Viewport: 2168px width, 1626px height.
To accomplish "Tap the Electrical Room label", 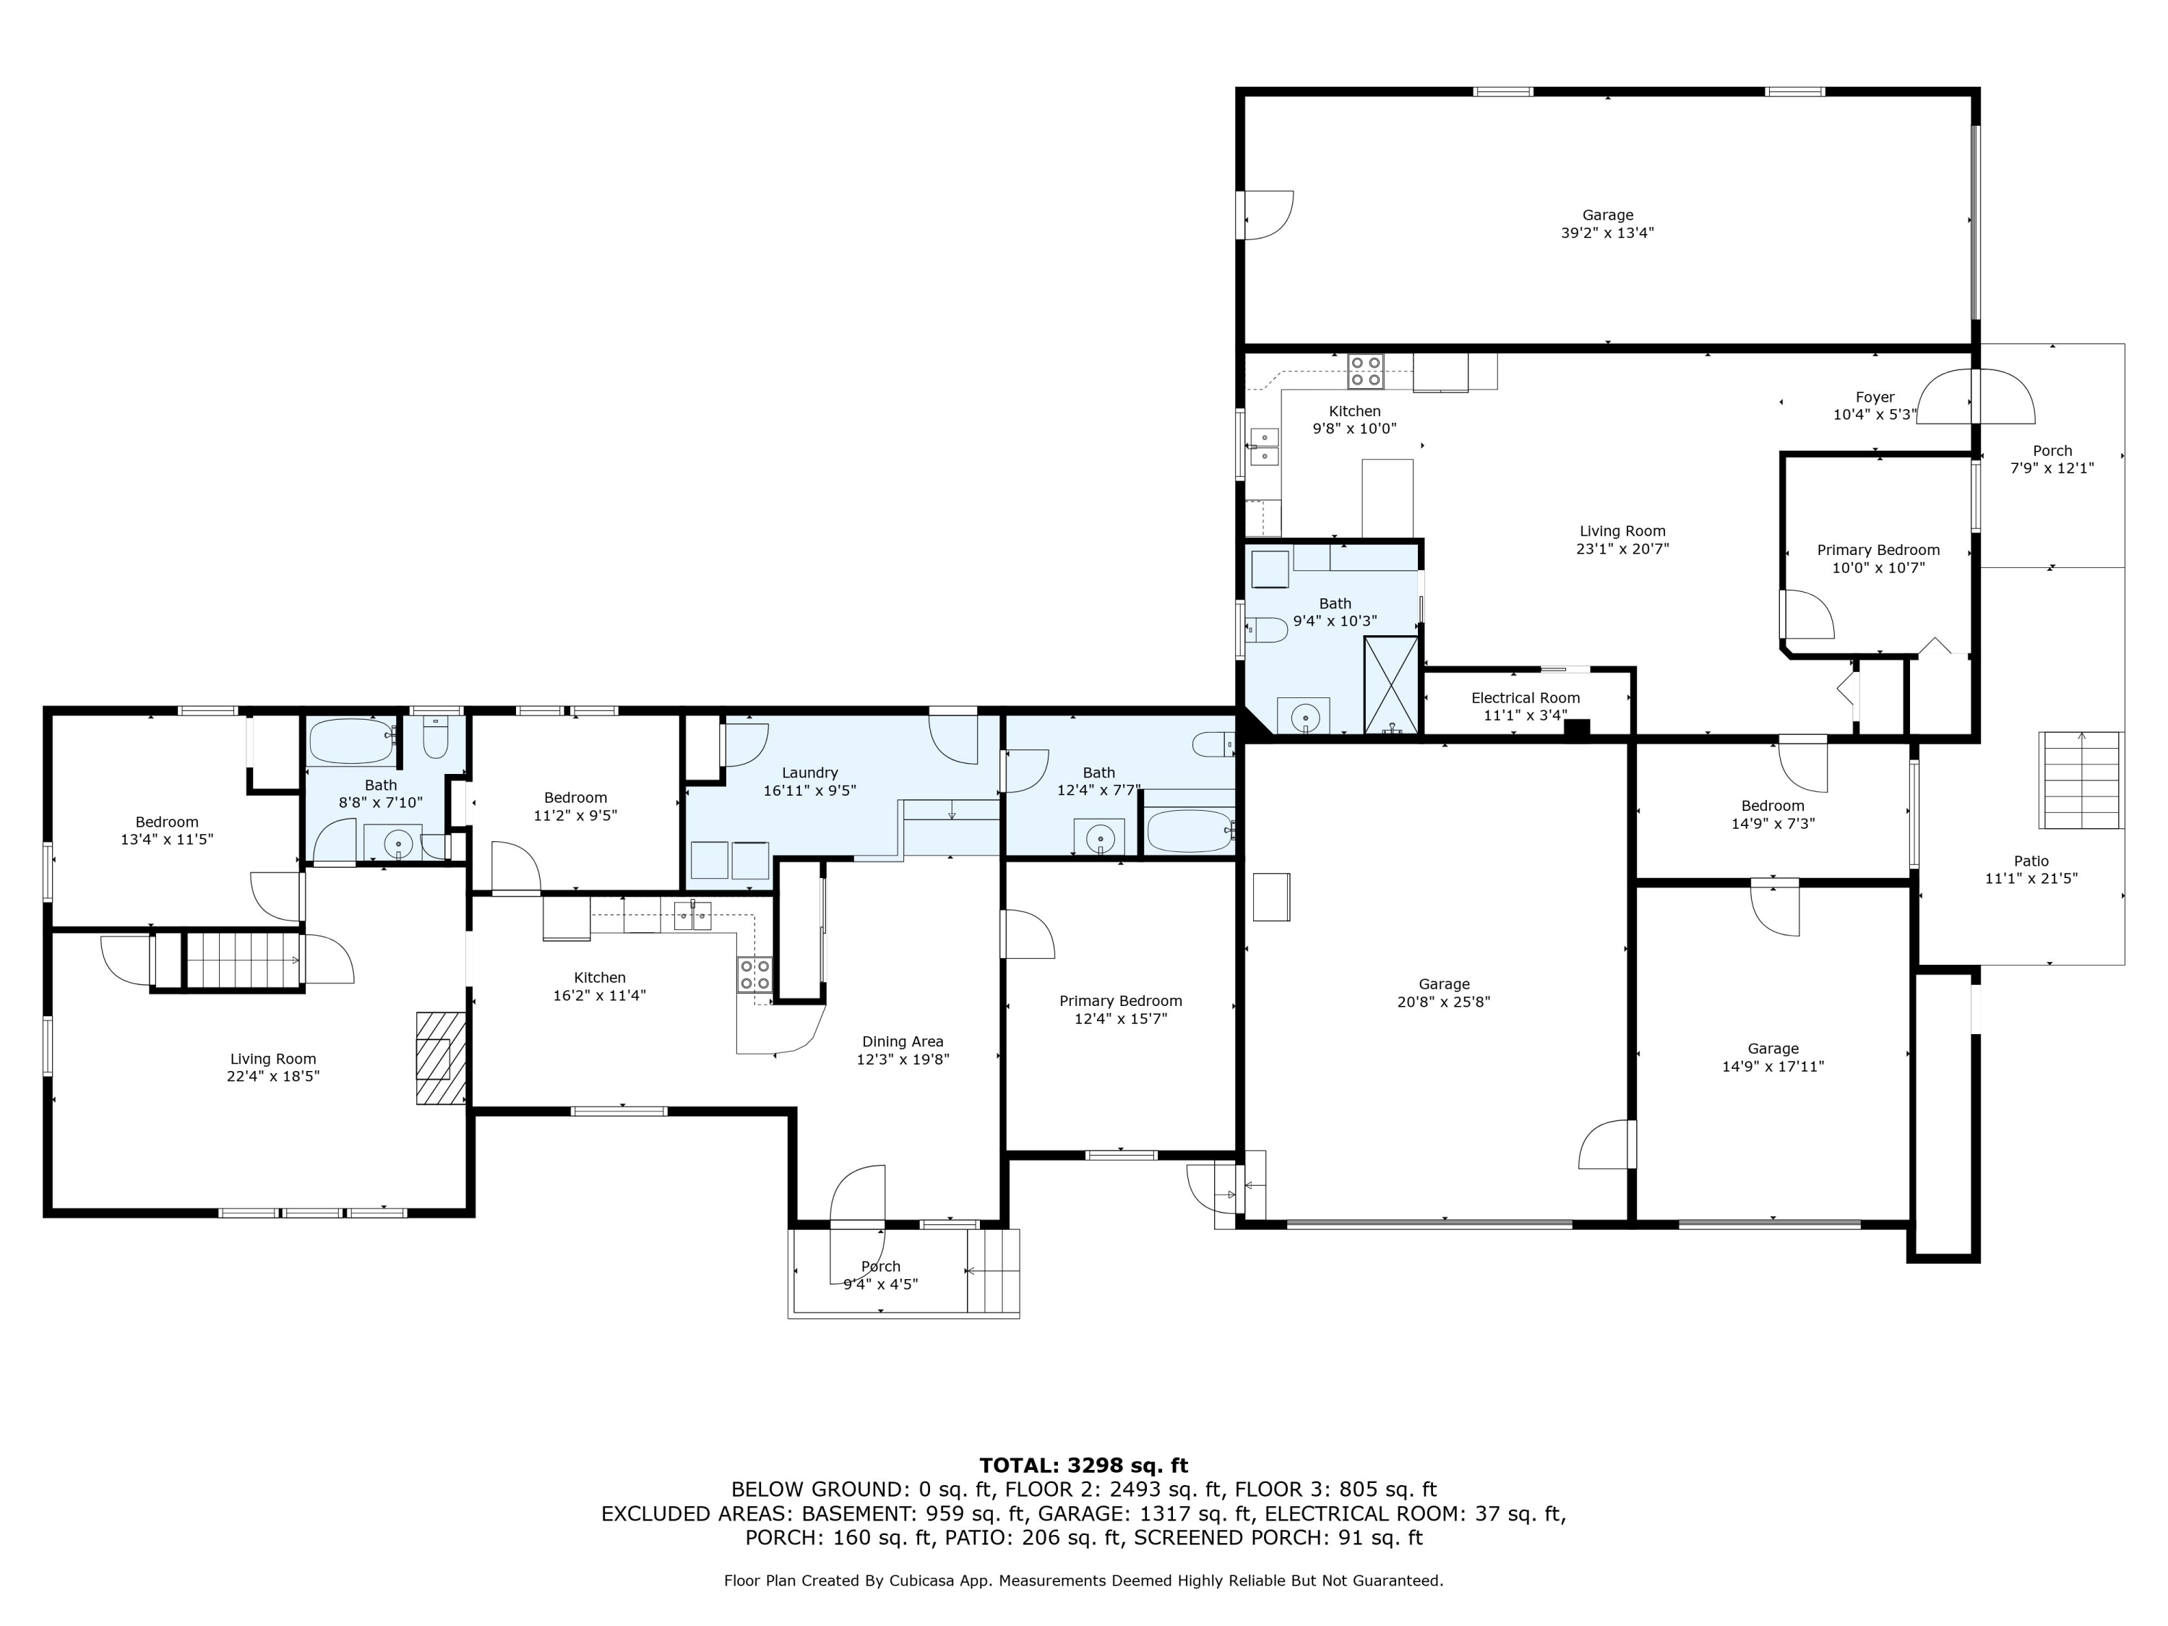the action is (1525, 698).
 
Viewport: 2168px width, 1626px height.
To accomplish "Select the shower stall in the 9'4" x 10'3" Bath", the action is (1391, 684).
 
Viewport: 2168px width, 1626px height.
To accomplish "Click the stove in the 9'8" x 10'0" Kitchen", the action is (1365, 371).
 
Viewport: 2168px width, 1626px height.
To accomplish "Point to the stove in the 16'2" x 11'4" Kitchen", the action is (754, 974).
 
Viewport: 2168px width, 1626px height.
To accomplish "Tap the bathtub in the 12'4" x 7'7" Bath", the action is (1189, 830).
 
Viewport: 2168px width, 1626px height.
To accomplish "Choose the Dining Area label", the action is (903, 1042).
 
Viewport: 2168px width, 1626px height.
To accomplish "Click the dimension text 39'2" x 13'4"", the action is (1607, 233).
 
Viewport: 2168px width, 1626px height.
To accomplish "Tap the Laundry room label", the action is (809, 773).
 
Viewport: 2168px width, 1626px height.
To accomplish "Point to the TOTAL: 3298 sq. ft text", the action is (1084, 1466).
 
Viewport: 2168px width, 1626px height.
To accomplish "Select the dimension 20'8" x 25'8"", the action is (1444, 1002).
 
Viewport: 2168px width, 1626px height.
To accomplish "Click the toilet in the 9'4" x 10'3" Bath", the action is (1265, 629).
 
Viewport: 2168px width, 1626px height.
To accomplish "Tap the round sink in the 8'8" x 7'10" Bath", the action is (398, 843).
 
